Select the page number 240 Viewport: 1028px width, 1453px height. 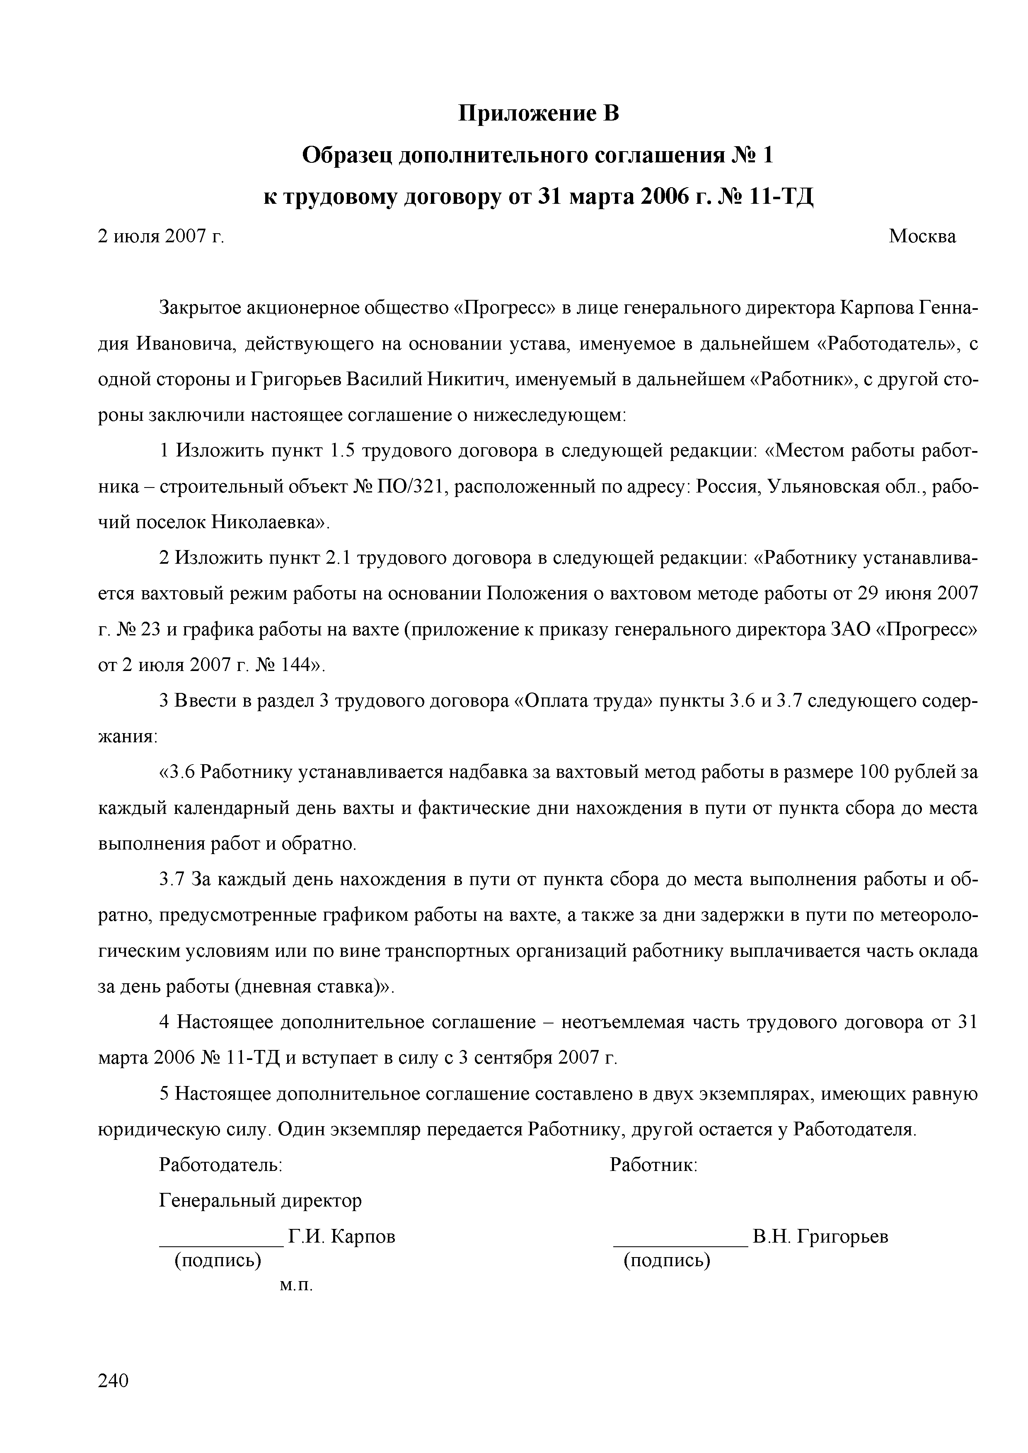(x=114, y=1380)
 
